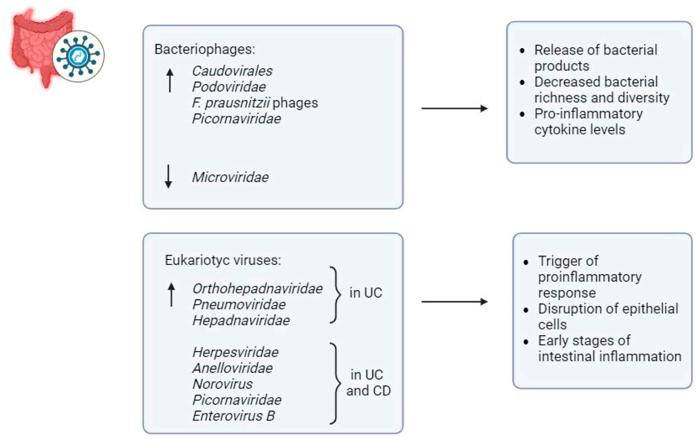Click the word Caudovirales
pos(232,71)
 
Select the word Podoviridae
pos(229,87)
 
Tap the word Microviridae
pos(230,177)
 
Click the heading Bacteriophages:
pos(205,49)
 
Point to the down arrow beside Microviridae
pos(168,176)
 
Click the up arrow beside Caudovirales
pos(170,80)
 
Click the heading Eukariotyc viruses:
pos(223,260)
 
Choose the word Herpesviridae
pos(235,352)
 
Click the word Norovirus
pos(223,384)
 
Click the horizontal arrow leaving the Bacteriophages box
pos(454,108)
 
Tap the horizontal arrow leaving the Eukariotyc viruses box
pos(454,302)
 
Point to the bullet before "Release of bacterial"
pos(522,50)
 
